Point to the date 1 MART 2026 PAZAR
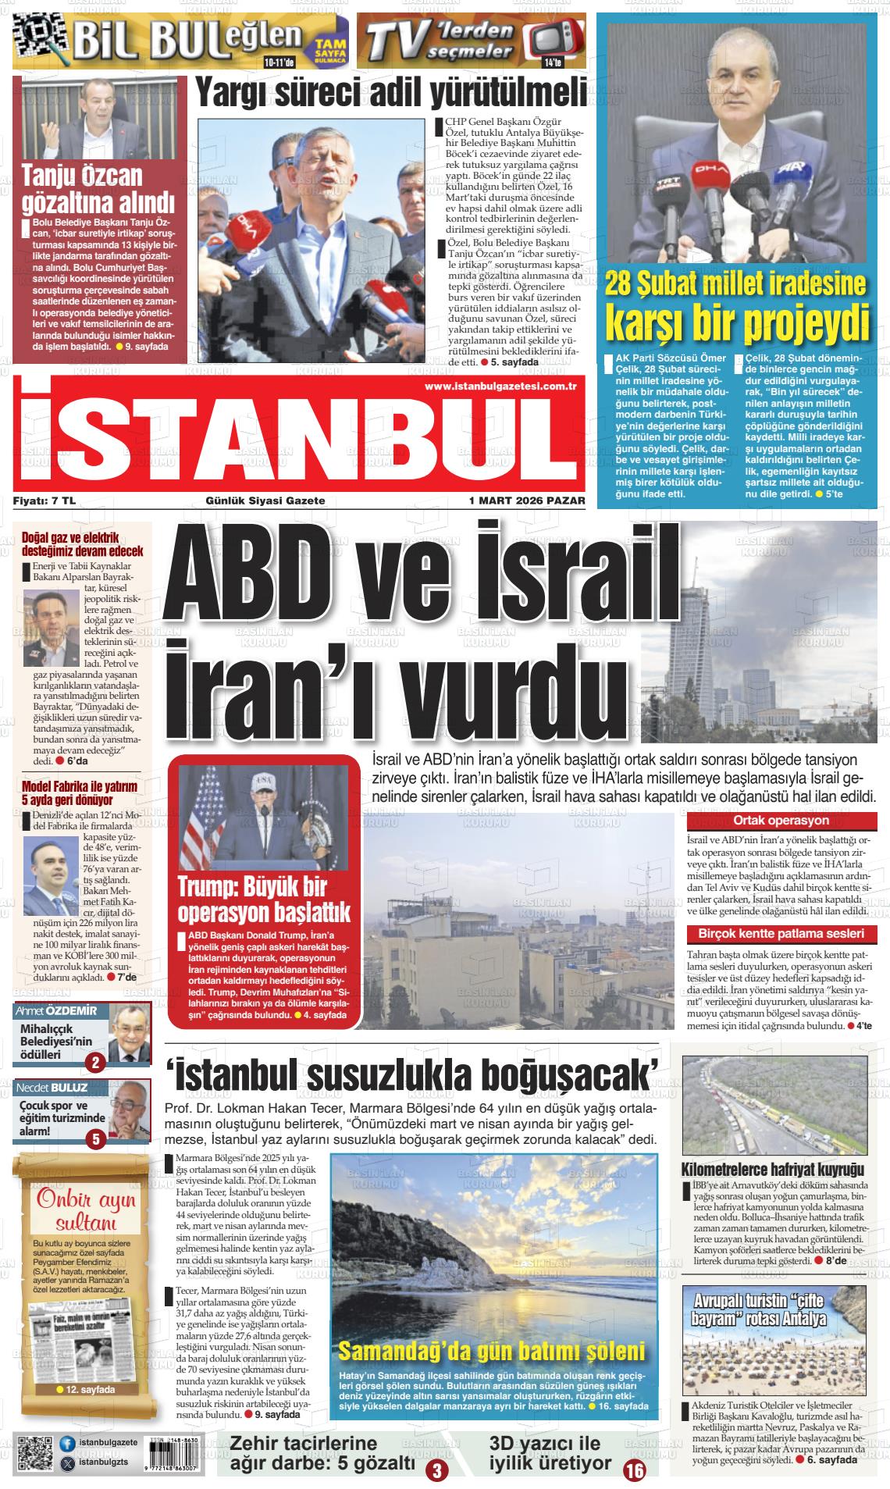[526, 500]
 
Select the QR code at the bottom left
[34, 1453]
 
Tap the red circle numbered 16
[635, 1470]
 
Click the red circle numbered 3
[436, 1472]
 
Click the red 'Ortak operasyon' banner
[781, 821]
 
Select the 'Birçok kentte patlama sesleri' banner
[781, 934]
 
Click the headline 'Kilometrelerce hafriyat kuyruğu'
[773, 1170]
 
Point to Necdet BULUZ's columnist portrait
[129, 1106]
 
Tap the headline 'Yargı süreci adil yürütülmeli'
[390, 94]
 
